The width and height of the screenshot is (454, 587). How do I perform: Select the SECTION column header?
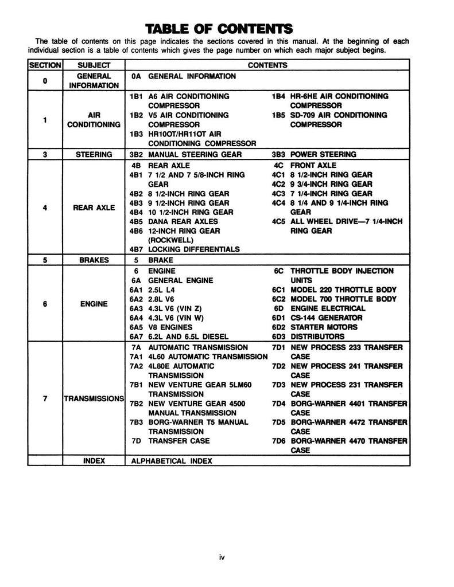(45, 65)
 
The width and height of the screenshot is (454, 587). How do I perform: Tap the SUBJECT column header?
(94, 65)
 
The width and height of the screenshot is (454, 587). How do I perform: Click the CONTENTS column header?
(267, 65)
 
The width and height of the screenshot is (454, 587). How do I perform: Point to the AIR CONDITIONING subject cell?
(94, 119)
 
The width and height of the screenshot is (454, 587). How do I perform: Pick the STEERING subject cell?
(94, 154)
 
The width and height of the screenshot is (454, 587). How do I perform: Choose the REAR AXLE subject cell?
(94, 208)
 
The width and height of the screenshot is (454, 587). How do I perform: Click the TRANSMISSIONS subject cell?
(94, 398)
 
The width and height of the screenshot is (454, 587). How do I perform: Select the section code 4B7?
(136, 249)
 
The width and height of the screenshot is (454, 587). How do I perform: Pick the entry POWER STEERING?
(323, 154)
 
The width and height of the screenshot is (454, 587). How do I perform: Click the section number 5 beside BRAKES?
(45, 260)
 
